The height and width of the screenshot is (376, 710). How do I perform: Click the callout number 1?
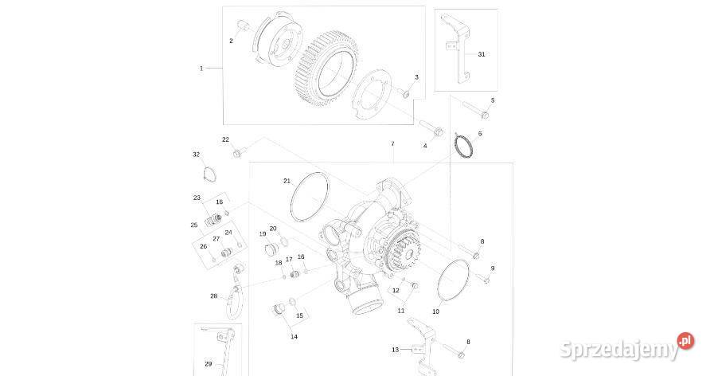click(201, 69)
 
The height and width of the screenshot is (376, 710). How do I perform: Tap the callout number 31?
click(481, 54)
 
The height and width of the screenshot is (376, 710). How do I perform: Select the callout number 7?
click(392, 143)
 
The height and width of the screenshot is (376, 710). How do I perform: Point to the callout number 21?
click(287, 181)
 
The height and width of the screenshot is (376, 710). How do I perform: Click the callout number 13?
click(395, 350)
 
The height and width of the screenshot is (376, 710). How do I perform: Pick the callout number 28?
click(213, 296)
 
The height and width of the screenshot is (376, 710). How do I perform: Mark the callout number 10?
click(435, 311)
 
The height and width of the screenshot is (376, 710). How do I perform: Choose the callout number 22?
click(225, 139)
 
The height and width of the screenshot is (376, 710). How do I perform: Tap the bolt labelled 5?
click(474, 111)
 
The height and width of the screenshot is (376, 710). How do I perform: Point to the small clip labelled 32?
click(209, 174)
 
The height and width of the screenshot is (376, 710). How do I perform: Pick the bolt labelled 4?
click(432, 129)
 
